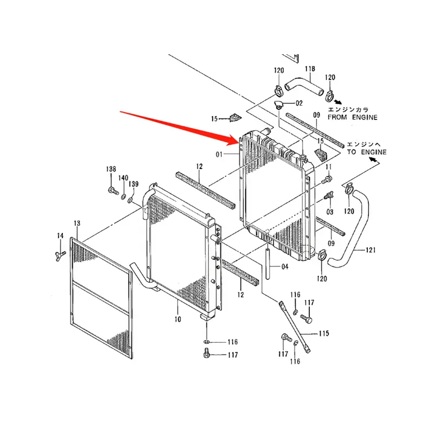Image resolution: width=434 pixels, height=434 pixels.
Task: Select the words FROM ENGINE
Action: click(x=353, y=117)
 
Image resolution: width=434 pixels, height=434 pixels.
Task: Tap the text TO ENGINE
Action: click(x=367, y=152)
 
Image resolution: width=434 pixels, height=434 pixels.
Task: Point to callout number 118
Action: click(x=310, y=69)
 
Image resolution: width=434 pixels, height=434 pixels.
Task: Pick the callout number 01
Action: click(x=220, y=154)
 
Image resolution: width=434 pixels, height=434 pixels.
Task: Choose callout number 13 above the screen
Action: click(x=77, y=224)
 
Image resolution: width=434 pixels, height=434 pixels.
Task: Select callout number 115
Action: click(x=324, y=333)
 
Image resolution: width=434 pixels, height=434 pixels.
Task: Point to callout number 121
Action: click(x=371, y=250)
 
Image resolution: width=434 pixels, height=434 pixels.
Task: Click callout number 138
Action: click(x=111, y=170)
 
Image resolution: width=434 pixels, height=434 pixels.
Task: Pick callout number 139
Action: click(x=133, y=184)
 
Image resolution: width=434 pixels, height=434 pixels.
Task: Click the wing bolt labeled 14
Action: click(x=60, y=253)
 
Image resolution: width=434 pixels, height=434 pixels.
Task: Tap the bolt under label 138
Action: click(x=112, y=191)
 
